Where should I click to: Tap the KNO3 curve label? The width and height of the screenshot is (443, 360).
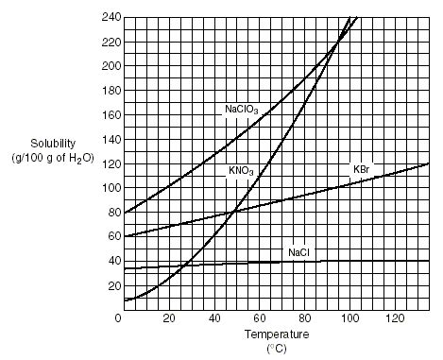(x=241, y=171)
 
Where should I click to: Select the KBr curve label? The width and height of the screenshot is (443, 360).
(x=362, y=169)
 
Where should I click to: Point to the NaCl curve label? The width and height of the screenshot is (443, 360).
(x=298, y=252)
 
